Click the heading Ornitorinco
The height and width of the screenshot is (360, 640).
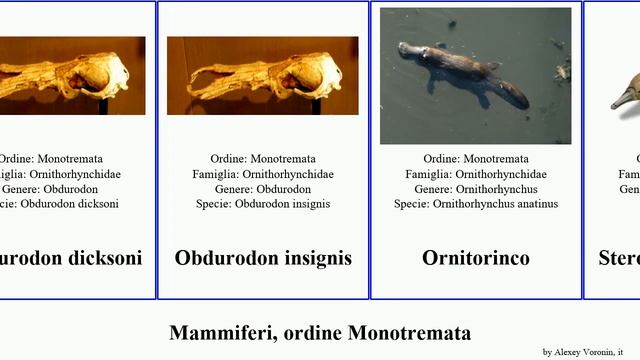476,258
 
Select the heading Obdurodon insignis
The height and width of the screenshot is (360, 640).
263,258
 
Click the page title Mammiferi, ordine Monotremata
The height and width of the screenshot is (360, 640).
320,333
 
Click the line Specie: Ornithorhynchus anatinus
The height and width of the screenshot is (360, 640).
476,204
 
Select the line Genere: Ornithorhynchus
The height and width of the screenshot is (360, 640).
476,189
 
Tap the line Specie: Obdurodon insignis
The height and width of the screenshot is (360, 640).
263,204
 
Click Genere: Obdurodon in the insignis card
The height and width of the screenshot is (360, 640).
263,189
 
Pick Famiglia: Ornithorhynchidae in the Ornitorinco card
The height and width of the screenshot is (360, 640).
476,174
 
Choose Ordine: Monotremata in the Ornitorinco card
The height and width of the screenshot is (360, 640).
476,159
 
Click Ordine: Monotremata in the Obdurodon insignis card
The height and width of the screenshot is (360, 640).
263,159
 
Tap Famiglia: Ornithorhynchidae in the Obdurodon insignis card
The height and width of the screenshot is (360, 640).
263,174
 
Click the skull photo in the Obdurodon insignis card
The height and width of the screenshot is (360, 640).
262,75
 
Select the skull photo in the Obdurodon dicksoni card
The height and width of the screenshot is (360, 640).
70,75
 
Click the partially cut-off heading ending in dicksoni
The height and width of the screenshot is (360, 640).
71,258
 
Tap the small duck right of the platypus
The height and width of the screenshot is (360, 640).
562,71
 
